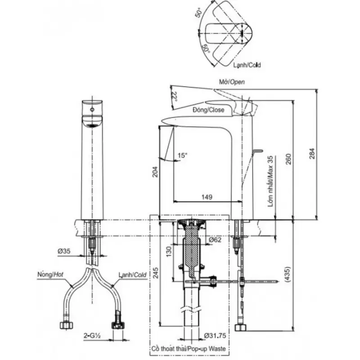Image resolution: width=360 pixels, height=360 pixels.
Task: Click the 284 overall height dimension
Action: click(312, 153)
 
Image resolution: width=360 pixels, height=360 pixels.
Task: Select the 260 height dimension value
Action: click(288, 159)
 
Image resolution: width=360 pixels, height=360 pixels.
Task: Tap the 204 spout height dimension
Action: click(155, 172)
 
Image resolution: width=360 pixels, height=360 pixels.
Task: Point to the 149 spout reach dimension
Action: click(207, 197)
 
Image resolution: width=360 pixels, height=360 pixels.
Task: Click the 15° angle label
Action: click(183, 155)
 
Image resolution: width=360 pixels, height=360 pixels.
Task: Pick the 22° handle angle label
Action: click(175, 97)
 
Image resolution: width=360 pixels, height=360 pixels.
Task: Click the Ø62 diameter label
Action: click(215, 240)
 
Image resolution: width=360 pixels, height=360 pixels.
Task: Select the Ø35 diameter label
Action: click(64, 251)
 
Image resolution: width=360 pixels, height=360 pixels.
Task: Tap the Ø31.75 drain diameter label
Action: click(215, 335)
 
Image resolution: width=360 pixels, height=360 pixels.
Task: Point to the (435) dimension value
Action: click(287, 274)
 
